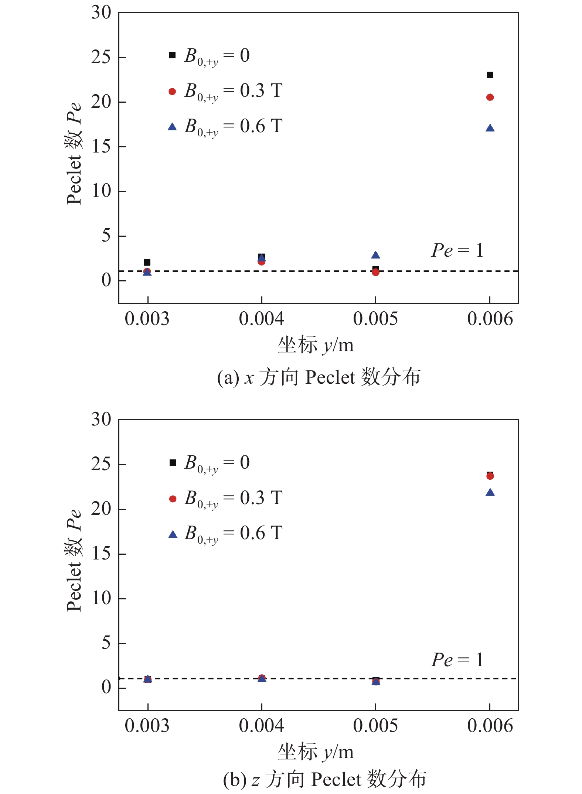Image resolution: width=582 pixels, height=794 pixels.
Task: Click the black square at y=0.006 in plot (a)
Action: [490, 75]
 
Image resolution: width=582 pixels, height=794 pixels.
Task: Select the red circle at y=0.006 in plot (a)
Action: [490, 97]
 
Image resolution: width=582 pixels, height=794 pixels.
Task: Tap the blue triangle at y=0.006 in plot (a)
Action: [490, 128]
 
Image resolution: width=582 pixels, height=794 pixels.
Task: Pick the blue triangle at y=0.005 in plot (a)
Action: [375, 255]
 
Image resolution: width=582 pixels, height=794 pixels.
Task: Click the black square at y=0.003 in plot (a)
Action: [147, 263]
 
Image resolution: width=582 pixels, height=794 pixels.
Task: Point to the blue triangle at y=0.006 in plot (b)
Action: [490, 493]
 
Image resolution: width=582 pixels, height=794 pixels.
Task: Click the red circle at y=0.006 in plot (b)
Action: [490, 476]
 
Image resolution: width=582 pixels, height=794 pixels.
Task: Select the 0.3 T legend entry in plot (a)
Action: [225, 91]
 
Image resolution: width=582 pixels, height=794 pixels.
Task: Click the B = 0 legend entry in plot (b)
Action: [209, 463]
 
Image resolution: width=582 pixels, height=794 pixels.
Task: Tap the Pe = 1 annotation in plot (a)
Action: [457, 250]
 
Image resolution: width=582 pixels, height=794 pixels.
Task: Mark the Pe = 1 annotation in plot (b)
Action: [457, 660]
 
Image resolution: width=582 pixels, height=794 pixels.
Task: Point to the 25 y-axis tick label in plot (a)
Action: [101, 57]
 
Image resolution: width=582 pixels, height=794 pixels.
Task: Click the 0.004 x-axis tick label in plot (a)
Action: [261, 319]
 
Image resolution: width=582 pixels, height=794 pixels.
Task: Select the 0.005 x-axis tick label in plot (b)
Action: [375, 726]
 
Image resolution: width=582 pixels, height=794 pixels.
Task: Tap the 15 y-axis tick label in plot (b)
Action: [101, 554]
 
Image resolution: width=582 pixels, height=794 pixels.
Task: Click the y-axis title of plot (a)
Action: [74, 153]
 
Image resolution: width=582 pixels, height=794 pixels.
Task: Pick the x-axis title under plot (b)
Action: [316, 752]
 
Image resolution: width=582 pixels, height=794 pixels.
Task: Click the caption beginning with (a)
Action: [319, 377]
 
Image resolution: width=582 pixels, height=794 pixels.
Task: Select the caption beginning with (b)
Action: [324, 779]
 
